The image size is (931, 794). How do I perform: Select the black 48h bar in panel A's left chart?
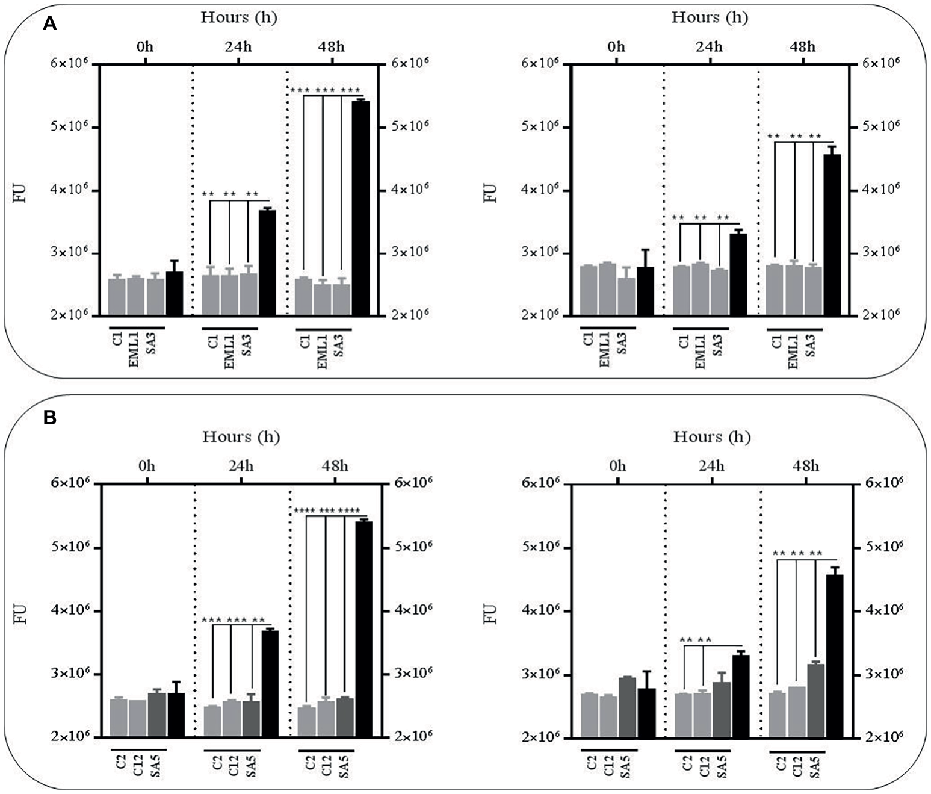coord(360,208)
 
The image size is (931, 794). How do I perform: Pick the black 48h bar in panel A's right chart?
coord(832,235)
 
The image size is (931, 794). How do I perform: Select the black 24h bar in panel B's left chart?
coord(270,683)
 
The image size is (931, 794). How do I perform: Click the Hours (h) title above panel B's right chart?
coord(712,436)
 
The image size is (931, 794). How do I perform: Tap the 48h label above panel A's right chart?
coord(803,47)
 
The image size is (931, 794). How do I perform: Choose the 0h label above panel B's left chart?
coord(146,466)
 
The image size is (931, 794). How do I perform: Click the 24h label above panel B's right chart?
coord(711,466)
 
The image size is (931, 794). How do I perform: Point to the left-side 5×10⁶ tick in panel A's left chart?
coord(70,126)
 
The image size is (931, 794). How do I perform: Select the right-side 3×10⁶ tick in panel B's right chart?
coord(883,673)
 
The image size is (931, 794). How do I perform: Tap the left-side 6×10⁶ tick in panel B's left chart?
coord(70,483)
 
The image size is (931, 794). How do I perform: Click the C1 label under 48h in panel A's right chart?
coord(777,342)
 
